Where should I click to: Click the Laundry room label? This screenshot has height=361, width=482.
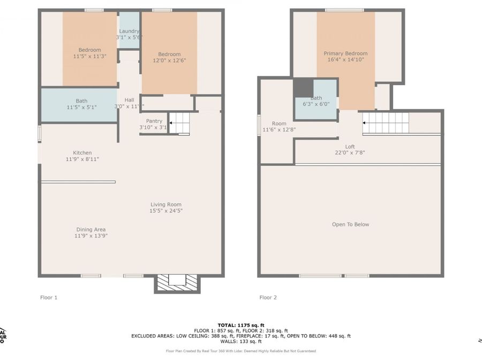coord(129,31)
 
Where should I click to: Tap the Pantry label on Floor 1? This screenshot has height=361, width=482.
coord(154,121)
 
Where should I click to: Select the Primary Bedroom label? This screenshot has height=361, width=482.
coord(345,53)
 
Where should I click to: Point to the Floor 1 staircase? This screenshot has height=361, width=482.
coord(180,123)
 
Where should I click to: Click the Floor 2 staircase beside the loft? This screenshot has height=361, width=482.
coord(386,123)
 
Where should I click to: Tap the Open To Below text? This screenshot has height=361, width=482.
coord(350,225)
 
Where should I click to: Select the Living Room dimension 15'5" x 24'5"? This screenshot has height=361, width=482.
coord(165,211)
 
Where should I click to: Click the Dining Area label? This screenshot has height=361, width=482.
coord(91,229)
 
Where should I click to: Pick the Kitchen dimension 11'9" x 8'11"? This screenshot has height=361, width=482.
coord(82,159)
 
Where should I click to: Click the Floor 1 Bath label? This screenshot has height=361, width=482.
coord(81,101)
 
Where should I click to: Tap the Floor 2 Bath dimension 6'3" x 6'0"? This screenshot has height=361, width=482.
coord(316,105)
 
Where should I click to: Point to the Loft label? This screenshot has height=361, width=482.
coord(350,147)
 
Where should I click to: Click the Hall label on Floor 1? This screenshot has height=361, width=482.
coord(129,100)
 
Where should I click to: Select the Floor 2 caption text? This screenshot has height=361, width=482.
coord(268,297)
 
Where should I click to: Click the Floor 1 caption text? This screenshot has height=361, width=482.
coord(49,297)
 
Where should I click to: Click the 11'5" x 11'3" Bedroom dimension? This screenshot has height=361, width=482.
coord(89,56)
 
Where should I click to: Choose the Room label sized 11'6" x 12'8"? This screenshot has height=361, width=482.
coord(278,124)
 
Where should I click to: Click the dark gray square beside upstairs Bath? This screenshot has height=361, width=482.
coord(303,88)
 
